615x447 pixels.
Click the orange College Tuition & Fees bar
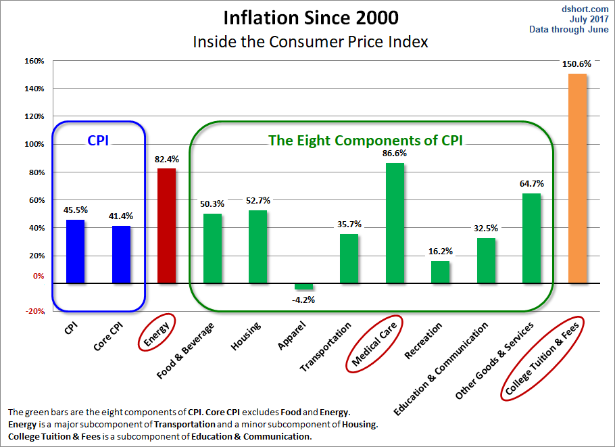coord(577,179)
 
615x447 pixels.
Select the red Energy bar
coord(166,226)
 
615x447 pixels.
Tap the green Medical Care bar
coord(395,223)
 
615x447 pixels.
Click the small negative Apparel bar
coord(303,287)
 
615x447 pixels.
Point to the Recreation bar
coord(440,272)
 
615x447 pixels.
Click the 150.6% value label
coord(576,64)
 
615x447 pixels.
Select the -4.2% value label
coord(304,299)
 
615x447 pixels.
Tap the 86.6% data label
coord(395,154)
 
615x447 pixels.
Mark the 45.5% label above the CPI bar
coord(75,210)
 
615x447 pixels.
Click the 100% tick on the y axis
coord(34,144)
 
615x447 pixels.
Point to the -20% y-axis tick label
coord(34,311)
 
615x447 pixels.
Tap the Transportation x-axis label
coord(326,347)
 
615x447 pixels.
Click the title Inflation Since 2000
coord(310,17)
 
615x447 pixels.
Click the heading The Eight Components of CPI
coord(370,141)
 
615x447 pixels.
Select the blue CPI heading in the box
coord(98,141)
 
